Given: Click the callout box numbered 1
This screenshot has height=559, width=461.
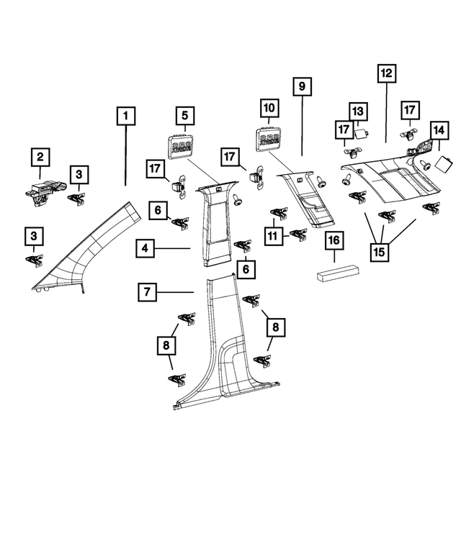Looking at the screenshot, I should (x=125, y=115).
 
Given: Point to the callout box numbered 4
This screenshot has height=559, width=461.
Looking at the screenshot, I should (x=145, y=249).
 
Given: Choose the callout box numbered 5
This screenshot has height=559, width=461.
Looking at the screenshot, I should (x=184, y=115).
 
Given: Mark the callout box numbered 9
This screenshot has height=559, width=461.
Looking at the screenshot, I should (x=303, y=86).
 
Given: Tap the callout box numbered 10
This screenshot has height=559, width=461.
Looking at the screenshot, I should (x=269, y=109).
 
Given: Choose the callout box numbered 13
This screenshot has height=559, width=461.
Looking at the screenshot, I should (x=358, y=111).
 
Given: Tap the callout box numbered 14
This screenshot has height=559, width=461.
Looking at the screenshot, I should (x=439, y=129).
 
